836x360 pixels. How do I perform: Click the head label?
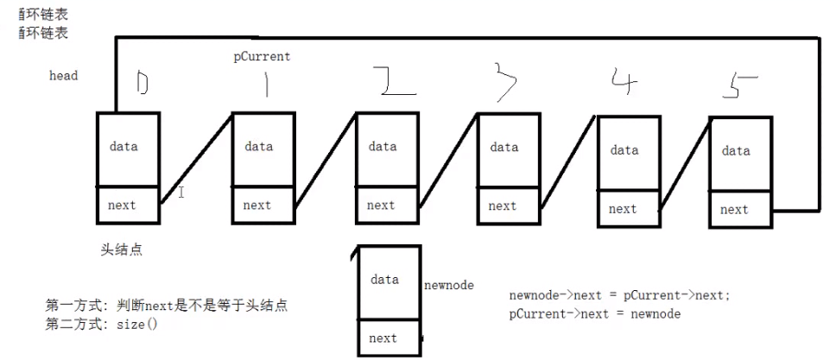pos(63,76)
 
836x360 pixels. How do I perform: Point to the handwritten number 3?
pos(507,80)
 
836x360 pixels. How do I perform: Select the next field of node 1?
pos(256,205)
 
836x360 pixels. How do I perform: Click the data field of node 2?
pos(383,148)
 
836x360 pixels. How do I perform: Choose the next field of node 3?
pos(502,206)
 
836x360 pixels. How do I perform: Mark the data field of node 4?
pos(624,151)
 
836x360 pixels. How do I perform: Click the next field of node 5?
pos(734,210)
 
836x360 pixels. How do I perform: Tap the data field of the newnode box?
pos(384,280)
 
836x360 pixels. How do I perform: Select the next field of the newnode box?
pos(383,338)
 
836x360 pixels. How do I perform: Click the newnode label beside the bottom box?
pos(449,286)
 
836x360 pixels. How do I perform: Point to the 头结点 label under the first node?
pos(121,249)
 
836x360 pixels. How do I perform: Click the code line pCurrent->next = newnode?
pos(594,314)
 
